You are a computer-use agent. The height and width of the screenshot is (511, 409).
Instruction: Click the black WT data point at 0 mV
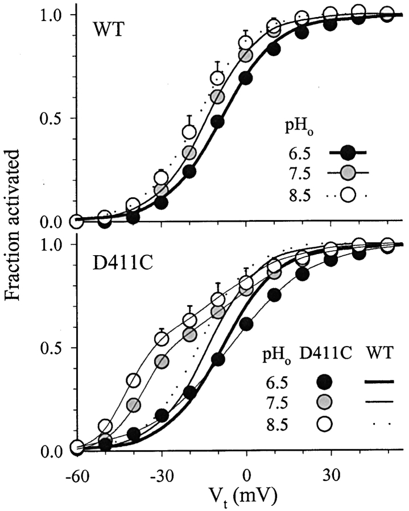point(246,78)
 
